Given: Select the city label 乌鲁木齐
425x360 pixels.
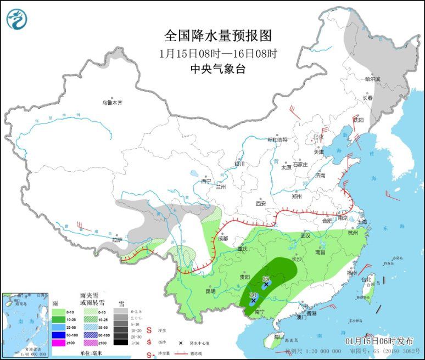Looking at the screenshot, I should pyautogui.click(x=112, y=103).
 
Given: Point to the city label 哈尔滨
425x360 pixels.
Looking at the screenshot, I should pyautogui.click(x=372, y=79).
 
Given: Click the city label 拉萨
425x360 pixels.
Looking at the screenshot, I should pyautogui.click(x=116, y=240).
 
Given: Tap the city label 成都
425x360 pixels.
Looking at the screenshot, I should pyautogui.click(x=222, y=238).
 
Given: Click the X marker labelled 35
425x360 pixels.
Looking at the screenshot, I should pyautogui.click(x=266, y=285).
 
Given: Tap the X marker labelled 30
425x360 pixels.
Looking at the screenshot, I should pyautogui.click(x=253, y=301).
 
